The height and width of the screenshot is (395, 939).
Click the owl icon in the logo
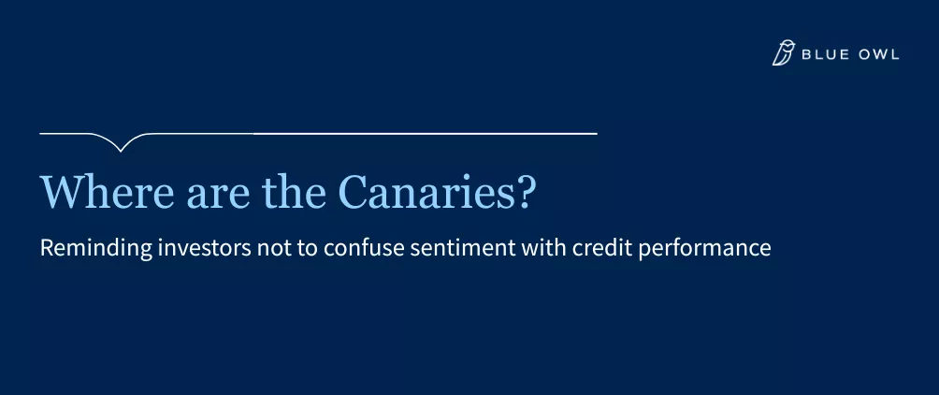click(x=783, y=53)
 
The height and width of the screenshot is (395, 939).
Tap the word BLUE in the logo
click(x=823, y=54)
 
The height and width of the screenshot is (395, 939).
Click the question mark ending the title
click(x=527, y=193)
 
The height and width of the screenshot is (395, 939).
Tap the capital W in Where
click(x=59, y=193)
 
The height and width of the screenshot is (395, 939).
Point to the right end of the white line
click(x=595, y=134)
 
